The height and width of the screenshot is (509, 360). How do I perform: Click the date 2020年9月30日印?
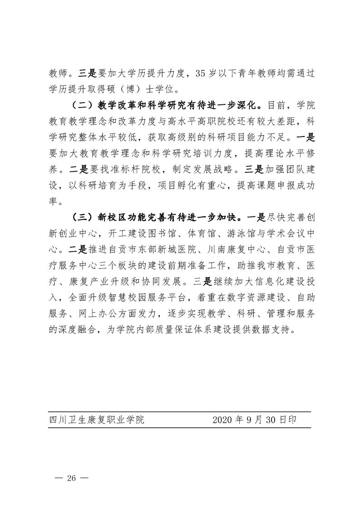click(254, 420)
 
